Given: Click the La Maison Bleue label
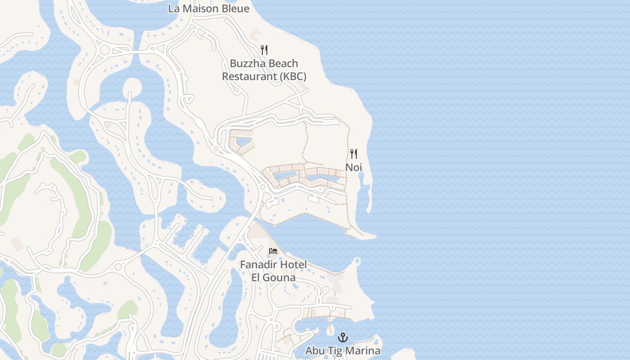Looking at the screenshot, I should tap(208, 9).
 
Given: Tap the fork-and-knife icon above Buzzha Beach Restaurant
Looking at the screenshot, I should tap(264, 50).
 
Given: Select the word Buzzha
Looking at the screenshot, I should tap(246, 63).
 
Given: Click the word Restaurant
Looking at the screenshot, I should tap(249, 76).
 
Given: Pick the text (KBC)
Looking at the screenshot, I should tap(293, 76).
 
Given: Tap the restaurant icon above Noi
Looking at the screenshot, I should tap(354, 154).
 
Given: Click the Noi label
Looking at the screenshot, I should tap(354, 167).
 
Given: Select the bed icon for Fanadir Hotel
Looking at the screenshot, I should tap(273, 251).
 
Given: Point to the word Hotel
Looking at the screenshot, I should tap(293, 265).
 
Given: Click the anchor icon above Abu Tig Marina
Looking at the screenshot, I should tap(343, 337).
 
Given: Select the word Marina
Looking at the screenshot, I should tap(364, 351).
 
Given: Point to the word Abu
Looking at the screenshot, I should tap(315, 351).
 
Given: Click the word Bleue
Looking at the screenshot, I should tap(234, 9).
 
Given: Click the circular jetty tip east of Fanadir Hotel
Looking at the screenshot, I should tap(357, 260).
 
